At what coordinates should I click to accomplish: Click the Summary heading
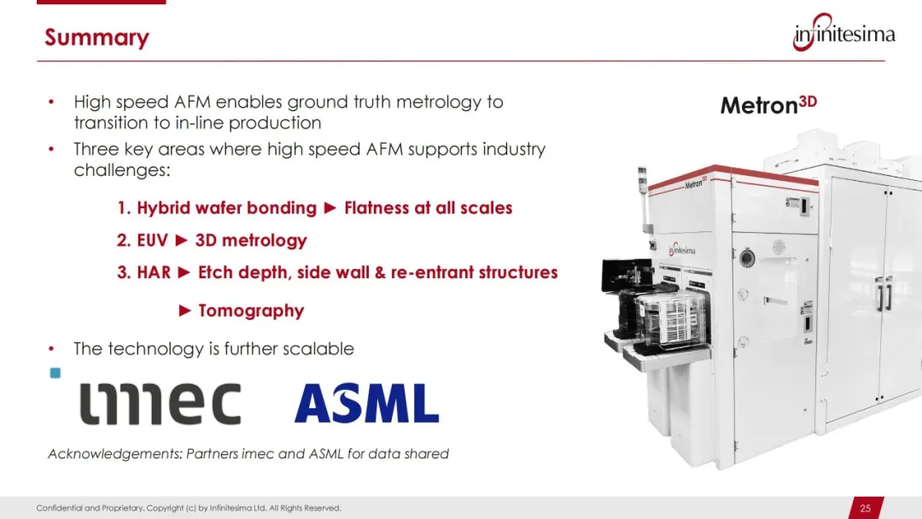tap(97, 38)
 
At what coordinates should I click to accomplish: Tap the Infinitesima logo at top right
tap(843, 33)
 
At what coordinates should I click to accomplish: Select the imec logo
tap(160, 403)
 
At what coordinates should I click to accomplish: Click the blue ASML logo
tap(367, 403)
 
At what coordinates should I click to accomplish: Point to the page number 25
tap(865, 509)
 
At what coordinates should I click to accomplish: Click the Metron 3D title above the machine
tap(768, 105)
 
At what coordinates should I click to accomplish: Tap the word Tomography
tap(251, 311)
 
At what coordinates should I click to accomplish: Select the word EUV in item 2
tap(152, 240)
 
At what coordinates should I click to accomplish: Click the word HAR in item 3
tap(154, 272)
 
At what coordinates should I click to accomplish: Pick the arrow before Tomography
tap(184, 311)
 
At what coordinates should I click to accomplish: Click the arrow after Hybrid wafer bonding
tap(330, 207)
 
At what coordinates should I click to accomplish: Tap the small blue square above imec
tap(55, 373)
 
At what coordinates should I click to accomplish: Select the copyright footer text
tap(189, 508)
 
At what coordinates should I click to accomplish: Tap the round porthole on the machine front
tap(747, 258)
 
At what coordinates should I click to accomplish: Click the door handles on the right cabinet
tap(884, 294)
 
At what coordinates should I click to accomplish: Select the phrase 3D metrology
tap(251, 241)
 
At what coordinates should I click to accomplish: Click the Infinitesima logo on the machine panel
tap(682, 250)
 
